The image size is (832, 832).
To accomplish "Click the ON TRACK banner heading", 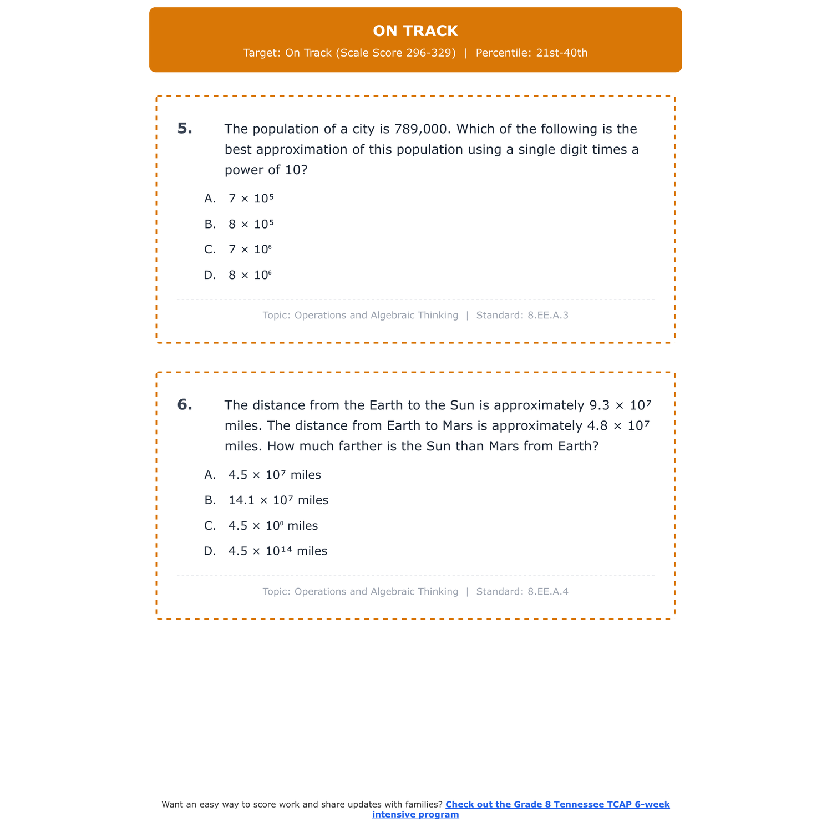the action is click(x=415, y=31).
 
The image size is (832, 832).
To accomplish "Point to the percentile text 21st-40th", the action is click(x=562, y=53).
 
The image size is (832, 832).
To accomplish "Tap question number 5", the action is click(x=185, y=129).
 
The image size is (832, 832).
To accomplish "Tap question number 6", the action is click(x=185, y=405).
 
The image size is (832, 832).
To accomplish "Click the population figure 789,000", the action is click(x=420, y=129).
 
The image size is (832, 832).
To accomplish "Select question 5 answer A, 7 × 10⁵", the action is click(x=251, y=199).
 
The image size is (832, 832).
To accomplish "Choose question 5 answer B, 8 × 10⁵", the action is click(x=251, y=224).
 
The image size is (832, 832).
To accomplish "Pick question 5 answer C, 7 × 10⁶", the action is click(x=250, y=250).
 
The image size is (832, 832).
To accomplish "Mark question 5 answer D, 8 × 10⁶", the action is click(x=250, y=275).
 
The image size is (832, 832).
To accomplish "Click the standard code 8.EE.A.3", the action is click(x=548, y=316).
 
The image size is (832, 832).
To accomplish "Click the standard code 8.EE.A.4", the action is click(x=548, y=592).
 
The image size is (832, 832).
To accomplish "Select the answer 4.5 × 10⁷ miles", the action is click(x=275, y=475).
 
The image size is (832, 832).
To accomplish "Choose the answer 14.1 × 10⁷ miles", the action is click(x=278, y=500).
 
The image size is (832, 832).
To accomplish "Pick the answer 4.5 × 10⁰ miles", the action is click(x=273, y=526).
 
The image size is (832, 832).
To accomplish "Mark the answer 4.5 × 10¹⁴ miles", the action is click(x=278, y=551).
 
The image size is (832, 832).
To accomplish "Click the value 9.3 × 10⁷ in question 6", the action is click(x=620, y=405).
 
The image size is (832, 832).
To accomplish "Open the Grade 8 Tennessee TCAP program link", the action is click(x=521, y=809).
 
